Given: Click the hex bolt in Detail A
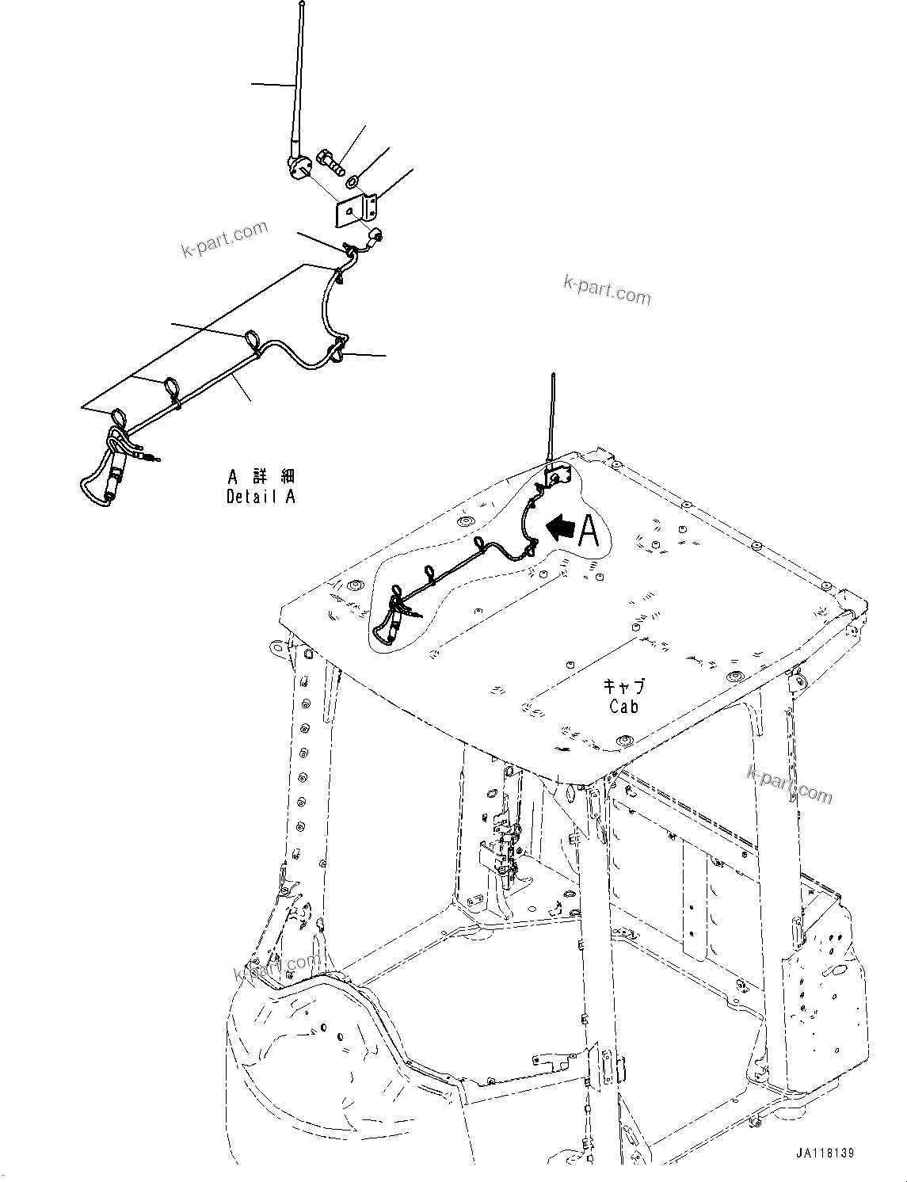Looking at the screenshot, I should point(331,162).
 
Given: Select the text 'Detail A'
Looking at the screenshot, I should point(261,497).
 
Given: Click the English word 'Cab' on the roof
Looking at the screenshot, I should point(623,706).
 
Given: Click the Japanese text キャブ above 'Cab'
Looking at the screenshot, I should point(623,685).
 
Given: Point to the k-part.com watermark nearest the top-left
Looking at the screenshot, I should point(224,239).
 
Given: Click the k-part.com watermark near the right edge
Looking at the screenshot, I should point(790,784).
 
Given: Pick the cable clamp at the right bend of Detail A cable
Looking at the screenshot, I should point(338,349).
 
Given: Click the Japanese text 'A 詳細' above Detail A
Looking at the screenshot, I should point(261,477).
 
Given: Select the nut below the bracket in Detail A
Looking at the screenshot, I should point(379,234).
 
